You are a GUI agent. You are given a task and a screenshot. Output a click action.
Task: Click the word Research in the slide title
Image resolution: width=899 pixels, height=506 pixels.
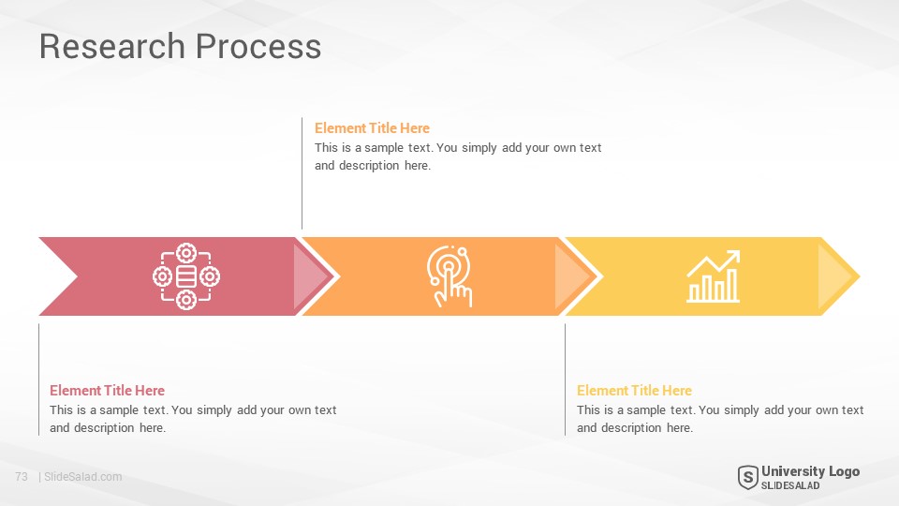coord(111,46)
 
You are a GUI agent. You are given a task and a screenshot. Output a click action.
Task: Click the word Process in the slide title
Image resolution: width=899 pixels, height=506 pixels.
coord(258,46)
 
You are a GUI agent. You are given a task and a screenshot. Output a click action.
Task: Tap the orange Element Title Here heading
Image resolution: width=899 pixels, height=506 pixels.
coord(372,128)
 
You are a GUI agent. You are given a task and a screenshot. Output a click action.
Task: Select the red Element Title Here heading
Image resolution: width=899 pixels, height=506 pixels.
coord(107,390)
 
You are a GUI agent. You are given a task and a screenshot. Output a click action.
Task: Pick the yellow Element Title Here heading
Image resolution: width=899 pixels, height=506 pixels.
coord(634,390)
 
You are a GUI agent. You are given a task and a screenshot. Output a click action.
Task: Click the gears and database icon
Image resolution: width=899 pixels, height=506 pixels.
coord(186,275)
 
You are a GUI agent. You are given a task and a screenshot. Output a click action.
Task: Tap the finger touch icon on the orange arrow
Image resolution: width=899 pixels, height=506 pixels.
coord(449,275)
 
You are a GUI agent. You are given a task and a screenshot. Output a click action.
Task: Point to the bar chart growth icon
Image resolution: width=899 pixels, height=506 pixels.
coord(714,275)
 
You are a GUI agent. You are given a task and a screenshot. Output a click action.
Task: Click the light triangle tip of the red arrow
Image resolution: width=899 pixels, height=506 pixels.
coord(308,276)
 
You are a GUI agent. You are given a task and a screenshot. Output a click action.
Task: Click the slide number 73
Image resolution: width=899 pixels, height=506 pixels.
coord(22,477)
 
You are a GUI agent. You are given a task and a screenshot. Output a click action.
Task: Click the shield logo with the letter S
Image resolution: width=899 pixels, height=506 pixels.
coord(747,477)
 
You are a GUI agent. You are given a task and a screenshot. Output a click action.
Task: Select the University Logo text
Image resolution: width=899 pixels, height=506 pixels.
coord(810,471)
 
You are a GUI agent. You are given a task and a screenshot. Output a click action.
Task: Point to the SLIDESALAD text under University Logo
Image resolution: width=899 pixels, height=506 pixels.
coord(790,485)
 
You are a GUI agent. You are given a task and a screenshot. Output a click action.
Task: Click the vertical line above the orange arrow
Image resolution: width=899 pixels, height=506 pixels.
coord(302,173)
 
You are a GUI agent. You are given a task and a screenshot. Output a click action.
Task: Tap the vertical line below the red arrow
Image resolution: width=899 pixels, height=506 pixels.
coord(39,379)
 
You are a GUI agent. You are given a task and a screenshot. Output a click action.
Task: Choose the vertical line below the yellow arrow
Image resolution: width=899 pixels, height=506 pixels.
coord(565,379)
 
